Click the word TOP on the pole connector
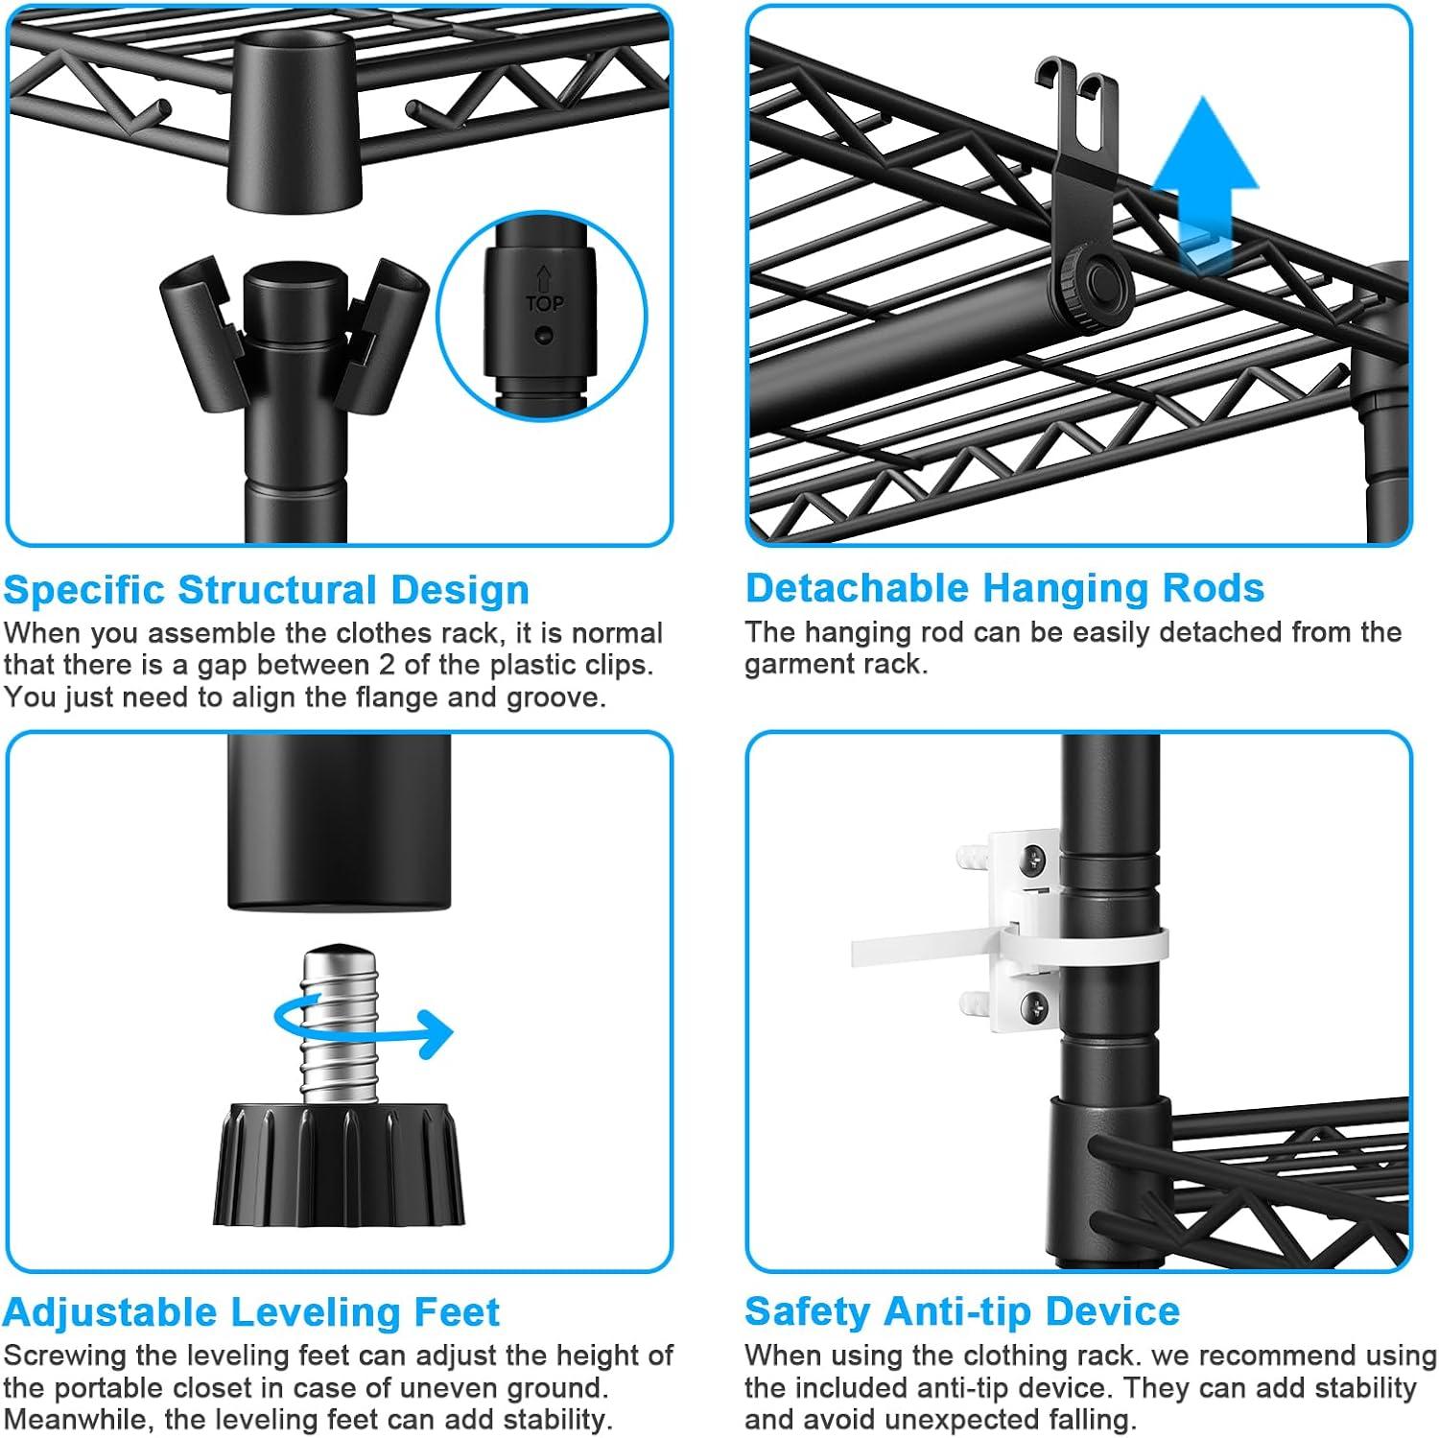pos(544,303)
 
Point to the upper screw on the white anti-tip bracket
pos(1032,860)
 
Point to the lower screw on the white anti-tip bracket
pos(1032,1006)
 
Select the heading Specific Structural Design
pos(266,590)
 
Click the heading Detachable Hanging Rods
pos(1004,588)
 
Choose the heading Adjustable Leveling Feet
pos(251,1311)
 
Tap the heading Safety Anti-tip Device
pos(962,1310)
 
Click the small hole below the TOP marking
pos(544,336)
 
